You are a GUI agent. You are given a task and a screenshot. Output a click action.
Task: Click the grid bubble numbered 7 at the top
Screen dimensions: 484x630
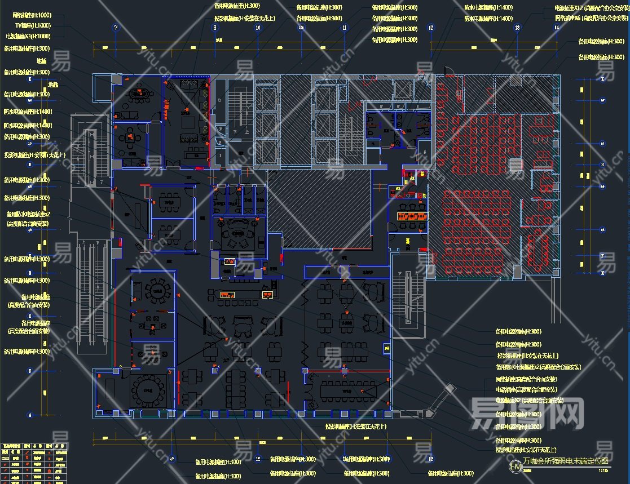[x=116, y=28]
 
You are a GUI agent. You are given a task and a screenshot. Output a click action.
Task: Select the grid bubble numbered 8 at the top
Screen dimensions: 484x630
[x=214, y=28]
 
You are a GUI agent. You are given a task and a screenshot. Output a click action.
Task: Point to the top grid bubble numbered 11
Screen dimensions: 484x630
[x=345, y=28]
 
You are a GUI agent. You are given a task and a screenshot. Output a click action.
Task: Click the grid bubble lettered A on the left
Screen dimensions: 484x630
[x=29, y=415]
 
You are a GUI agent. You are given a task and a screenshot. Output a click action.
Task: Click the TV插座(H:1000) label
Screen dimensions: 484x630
[x=33, y=25]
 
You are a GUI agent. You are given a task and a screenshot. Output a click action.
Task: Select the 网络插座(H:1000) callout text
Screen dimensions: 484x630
[x=32, y=15]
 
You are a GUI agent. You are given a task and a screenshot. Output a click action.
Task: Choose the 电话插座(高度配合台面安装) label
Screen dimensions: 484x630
[x=527, y=389]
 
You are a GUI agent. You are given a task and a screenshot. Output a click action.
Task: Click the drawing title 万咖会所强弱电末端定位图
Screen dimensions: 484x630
[x=566, y=461]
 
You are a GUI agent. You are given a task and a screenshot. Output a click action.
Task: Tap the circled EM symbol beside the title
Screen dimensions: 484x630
[x=515, y=467]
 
